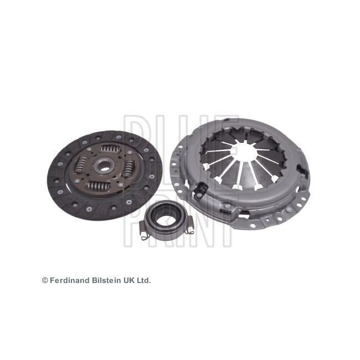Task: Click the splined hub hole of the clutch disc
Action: coord(105,167)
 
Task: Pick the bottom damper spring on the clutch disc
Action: coord(99,186)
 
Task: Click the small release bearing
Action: coord(166,215)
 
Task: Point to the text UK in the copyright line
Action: coord(130,281)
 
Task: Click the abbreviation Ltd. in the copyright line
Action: coord(143,281)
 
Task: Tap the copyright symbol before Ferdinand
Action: coord(45,281)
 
